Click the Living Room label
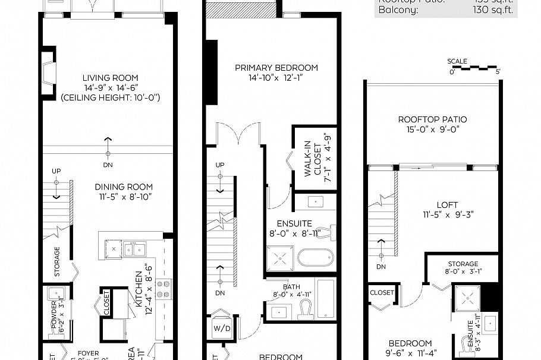point(110,78)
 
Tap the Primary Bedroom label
point(276,68)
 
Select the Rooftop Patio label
point(432,119)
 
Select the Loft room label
point(446,205)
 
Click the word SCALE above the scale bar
point(457,61)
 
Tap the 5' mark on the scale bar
point(498,72)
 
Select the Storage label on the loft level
point(463,264)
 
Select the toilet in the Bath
point(306,308)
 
